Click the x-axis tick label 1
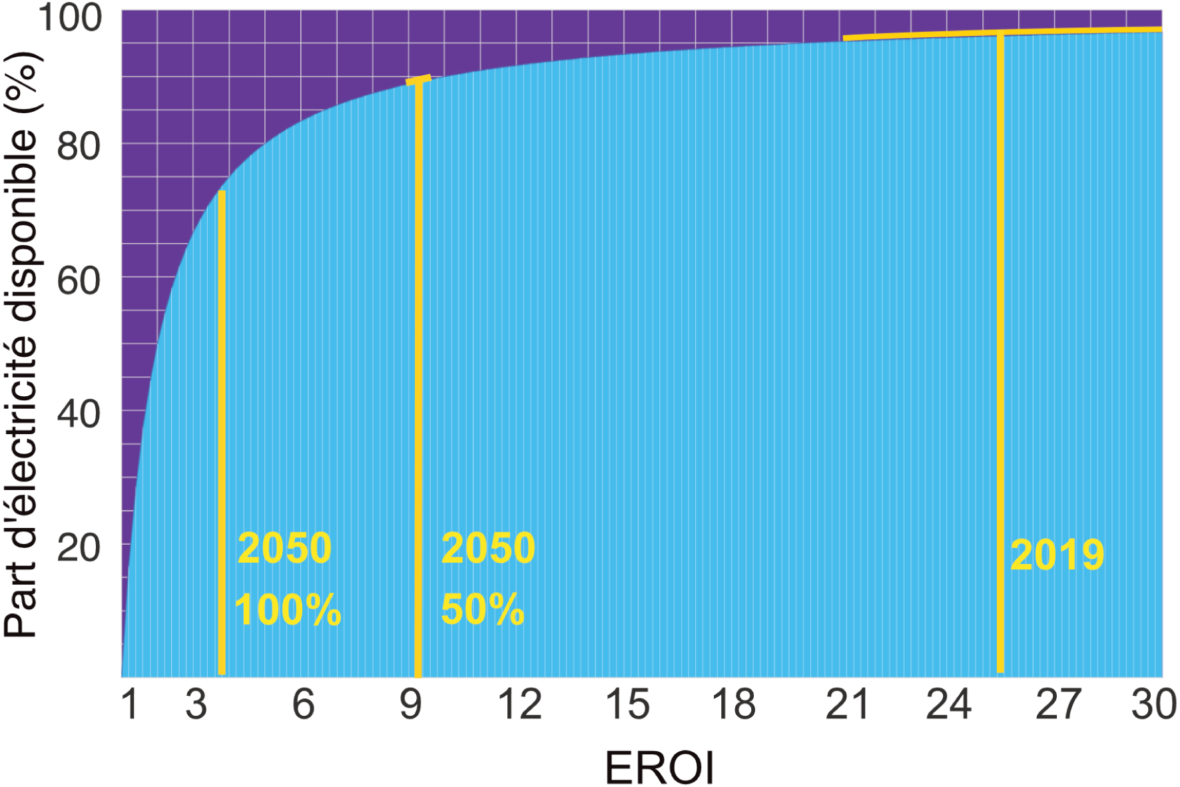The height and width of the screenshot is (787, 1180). coord(130,704)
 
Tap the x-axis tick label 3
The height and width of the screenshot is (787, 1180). coord(196,704)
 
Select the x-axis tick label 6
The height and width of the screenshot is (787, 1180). coord(304,704)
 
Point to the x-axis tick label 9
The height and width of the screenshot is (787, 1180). coord(411,704)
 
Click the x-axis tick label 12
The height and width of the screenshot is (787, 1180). coord(520,704)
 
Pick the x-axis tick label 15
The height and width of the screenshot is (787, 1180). coord(627,704)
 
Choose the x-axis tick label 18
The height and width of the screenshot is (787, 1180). coord(734,704)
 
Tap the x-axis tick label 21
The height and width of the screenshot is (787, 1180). coord(847,704)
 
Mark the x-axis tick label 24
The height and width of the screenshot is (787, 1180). coord(949,704)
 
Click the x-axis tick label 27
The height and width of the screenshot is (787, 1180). coord(1058,704)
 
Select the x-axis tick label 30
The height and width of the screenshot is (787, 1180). coord(1154,704)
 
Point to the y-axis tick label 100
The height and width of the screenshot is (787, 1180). coord(71,18)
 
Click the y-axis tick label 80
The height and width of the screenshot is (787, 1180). coord(79,146)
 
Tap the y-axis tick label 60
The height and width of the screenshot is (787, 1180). coord(79,280)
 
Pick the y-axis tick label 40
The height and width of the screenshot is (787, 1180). coord(79,414)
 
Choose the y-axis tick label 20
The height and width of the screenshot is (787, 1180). coord(79,548)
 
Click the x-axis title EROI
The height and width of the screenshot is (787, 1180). coord(659,768)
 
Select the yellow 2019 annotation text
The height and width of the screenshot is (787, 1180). coord(1057,555)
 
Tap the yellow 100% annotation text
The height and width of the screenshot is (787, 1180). coord(288,609)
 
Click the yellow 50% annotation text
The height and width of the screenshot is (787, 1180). coord(483,609)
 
